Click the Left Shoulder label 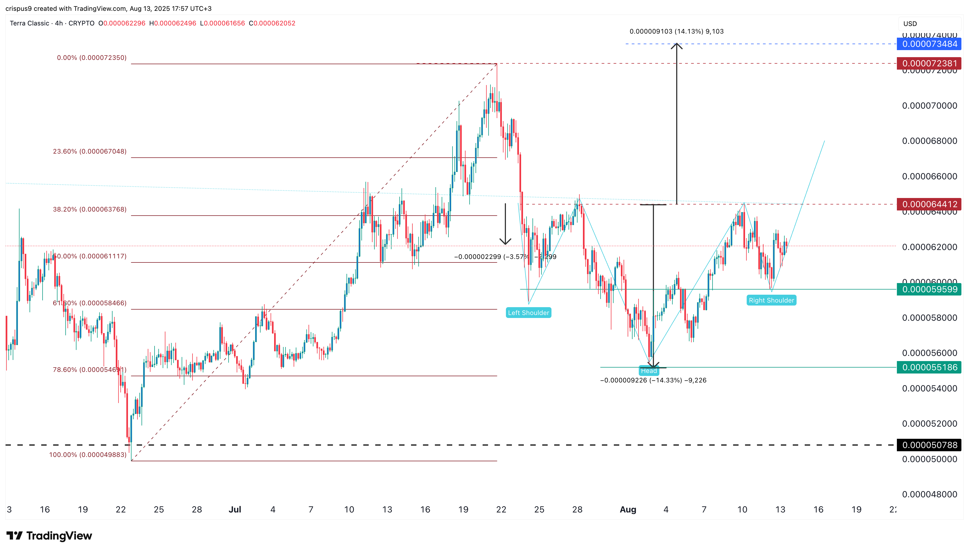click(528, 313)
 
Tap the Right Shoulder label click(771, 300)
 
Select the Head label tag click(649, 371)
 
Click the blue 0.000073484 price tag click(929, 44)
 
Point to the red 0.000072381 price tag click(929, 63)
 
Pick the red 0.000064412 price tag click(929, 204)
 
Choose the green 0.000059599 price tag click(929, 290)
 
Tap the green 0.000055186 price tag click(929, 367)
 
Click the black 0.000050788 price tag click(929, 445)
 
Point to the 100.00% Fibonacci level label click(88, 454)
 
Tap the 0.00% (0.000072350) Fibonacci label click(92, 58)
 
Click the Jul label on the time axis click(235, 509)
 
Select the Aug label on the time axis click(628, 509)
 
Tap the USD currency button click(910, 24)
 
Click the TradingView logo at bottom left click(49, 536)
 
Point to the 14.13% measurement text click(676, 31)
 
